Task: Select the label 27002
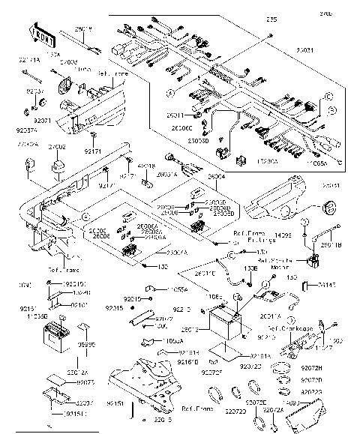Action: [58, 148]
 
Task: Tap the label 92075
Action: [85, 382]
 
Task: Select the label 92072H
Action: [332, 369]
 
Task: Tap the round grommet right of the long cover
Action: [327, 208]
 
